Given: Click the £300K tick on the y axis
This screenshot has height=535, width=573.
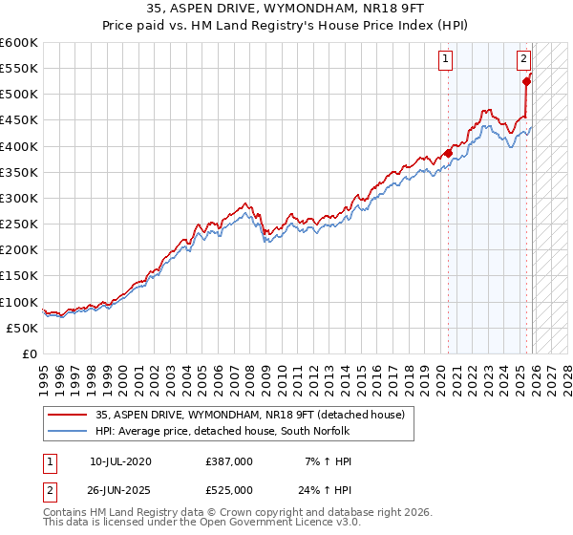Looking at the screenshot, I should (19, 198).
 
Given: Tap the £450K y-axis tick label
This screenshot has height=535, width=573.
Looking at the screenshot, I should (19, 120).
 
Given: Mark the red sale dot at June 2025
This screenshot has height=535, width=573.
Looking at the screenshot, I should (526, 82).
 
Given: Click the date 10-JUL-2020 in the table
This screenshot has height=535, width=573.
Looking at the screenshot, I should (120, 461).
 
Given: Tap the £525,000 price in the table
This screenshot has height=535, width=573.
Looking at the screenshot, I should (228, 490).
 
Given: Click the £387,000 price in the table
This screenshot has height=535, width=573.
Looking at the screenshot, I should (228, 461).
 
